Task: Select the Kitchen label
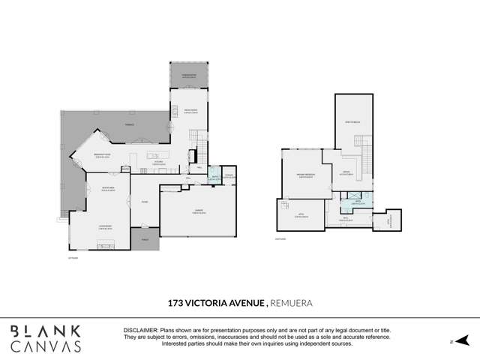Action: click(158, 161)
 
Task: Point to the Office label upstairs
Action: click(346, 172)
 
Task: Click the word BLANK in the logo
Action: click(46, 330)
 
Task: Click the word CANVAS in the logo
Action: click(46, 346)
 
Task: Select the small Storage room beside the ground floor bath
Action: click(229, 176)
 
